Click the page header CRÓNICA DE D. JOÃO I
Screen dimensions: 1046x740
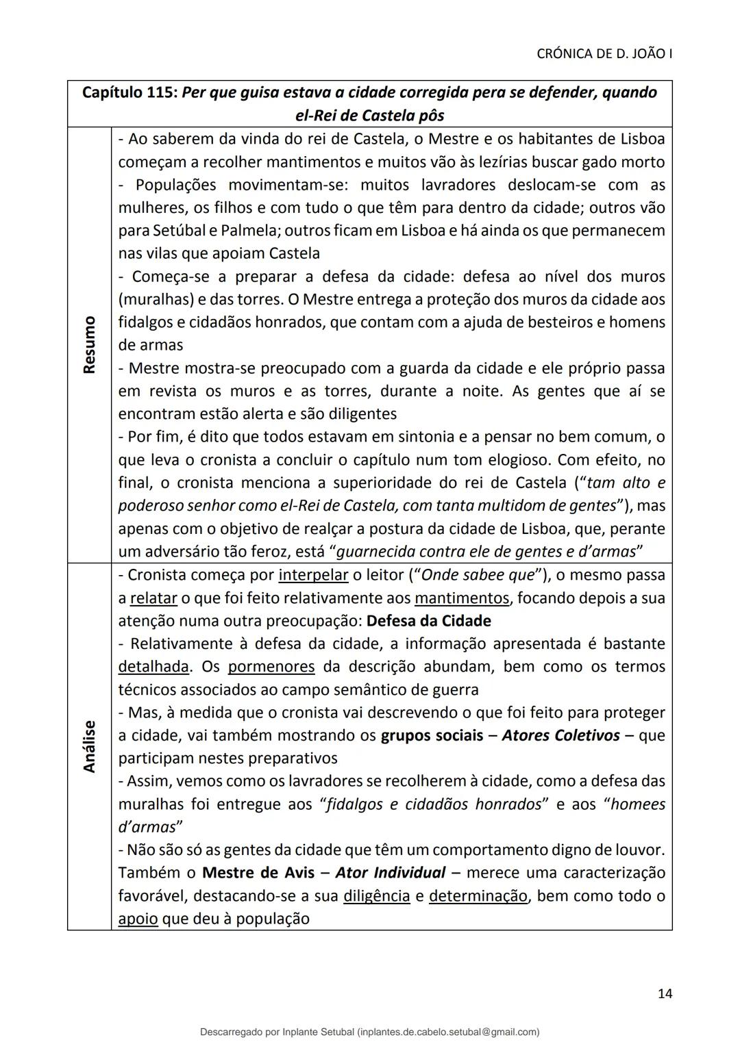click(604, 53)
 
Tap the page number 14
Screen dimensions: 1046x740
click(664, 993)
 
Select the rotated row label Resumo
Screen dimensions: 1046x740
click(89, 344)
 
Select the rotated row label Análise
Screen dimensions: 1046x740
click(89, 746)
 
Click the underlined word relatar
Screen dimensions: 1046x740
click(153, 598)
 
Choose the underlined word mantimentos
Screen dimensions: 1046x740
click(462, 598)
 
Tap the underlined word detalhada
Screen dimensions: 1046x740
click(153, 667)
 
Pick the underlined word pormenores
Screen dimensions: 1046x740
click(271, 667)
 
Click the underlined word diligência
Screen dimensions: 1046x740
click(376, 896)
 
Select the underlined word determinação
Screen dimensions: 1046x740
click(478, 896)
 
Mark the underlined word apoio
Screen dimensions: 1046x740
click(138, 919)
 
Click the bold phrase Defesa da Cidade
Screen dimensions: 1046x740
click(429, 621)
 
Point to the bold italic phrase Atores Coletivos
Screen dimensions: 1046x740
click(560, 736)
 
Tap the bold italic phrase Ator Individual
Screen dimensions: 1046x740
click(391, 873)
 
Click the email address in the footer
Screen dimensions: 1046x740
click(448, 1032)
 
